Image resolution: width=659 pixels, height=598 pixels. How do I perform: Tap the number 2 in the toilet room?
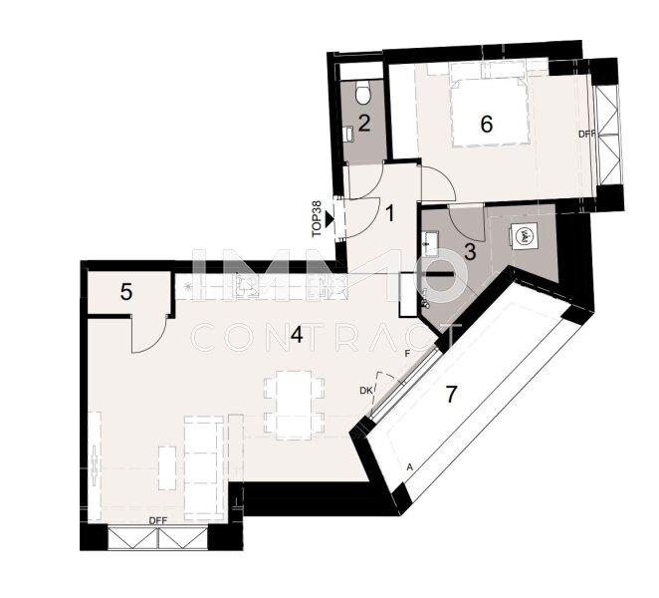tap(364, 124)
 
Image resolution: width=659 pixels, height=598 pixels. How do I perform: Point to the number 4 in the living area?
tap(296, 336)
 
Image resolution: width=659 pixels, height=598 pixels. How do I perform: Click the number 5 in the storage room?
tap(126, 292)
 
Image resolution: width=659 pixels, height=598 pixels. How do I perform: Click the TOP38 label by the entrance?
tap(317, 216)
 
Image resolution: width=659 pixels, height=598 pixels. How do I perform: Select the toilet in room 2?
tap(364, 93)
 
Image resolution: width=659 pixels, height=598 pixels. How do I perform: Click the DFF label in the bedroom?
tap(586, 134)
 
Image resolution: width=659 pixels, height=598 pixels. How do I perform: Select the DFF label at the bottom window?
tap(158, 521)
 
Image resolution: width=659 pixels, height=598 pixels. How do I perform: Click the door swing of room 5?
tap(149, 335)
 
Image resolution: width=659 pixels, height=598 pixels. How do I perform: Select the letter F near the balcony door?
tap(406, 353)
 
